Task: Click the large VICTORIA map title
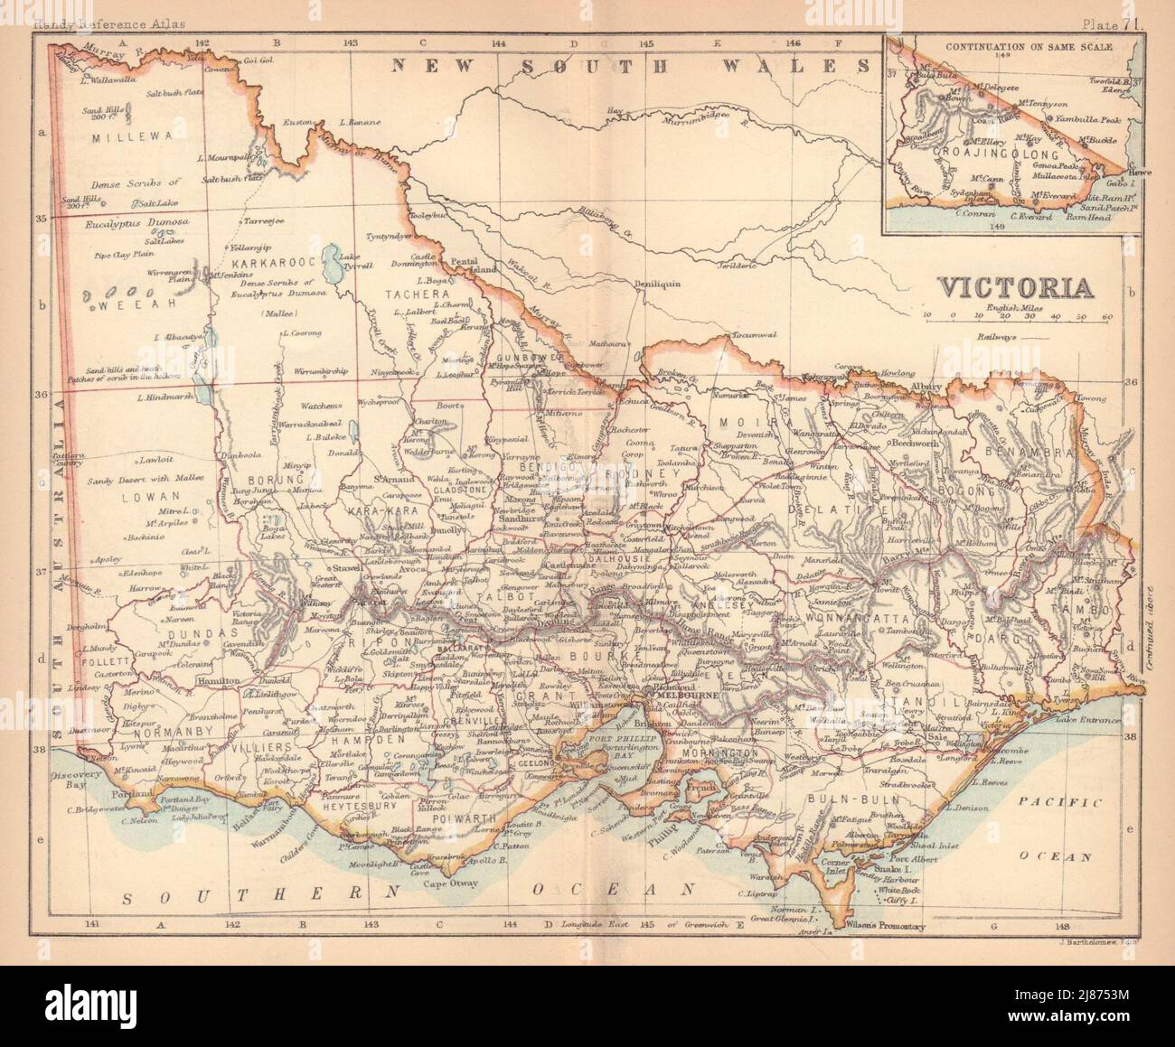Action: (1015, 287)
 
